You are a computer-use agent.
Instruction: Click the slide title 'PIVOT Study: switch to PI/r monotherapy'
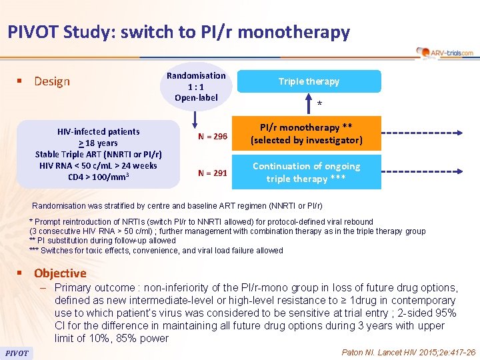[x=179, y=31]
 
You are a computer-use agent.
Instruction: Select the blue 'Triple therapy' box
[x=309, y=81]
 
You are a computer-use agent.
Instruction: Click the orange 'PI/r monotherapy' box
[x=306, y=133]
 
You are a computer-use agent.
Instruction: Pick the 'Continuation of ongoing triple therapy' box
[x=306, y=172]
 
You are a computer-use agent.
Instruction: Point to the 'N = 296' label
[x=213, y=136]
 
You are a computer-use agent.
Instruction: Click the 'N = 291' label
[x=213, y=173]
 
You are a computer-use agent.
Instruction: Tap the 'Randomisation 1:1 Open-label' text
[x=196, y=87]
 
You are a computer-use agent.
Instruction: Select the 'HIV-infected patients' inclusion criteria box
[x=99, y=154]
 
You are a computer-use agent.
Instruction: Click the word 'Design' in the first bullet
[x=52, y=81]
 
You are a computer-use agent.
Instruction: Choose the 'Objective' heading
[x=60, y=273]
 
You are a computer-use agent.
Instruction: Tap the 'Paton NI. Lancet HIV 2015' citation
[x=408, y=352]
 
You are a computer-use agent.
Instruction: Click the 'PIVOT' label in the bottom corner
[x=17, y=353]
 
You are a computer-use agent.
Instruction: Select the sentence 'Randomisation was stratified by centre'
[x=177, y=206]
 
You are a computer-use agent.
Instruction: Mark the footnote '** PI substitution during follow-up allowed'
[x=103, y=241]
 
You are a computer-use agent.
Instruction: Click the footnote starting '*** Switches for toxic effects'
[x=156, y=251]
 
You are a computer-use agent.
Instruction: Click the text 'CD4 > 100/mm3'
[x=99, y=177]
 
